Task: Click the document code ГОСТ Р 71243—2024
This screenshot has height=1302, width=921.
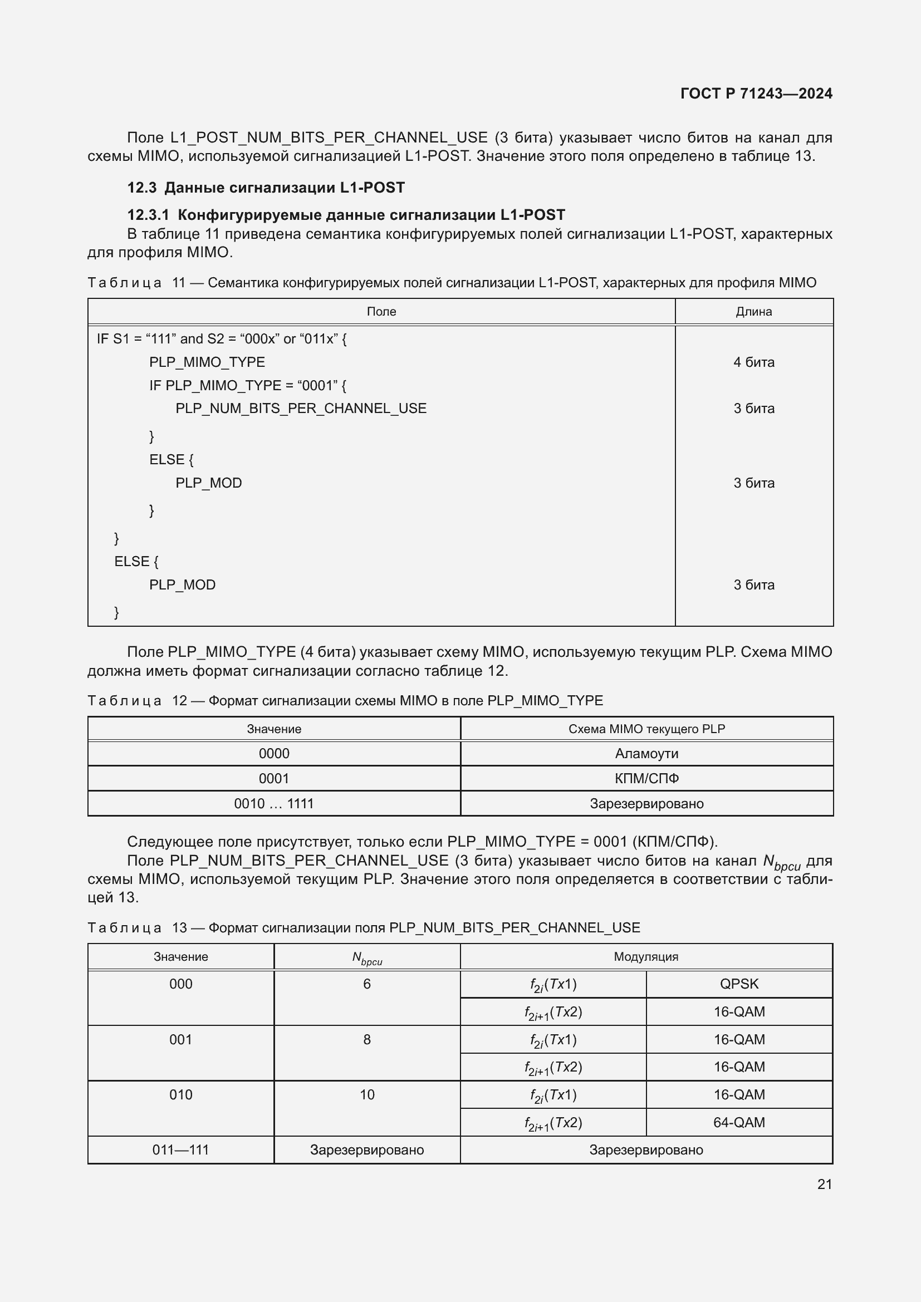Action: click(x=756, y=94)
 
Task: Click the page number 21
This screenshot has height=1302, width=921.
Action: click(x=825, y=1184)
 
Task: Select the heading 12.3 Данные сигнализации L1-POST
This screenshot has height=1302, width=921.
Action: click(x=266, y=188)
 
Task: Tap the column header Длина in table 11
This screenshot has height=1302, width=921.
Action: click(x=753, y=311)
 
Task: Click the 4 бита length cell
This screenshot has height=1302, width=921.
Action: click(x=753, y=362)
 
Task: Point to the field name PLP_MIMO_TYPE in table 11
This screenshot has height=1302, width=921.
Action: click(x=207, y=362)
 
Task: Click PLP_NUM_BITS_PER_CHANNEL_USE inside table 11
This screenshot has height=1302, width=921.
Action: click(x=301, y=408)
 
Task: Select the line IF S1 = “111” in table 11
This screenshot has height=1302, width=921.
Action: click(x=221, y=338)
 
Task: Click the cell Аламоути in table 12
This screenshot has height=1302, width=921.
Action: click(x=646, y=754)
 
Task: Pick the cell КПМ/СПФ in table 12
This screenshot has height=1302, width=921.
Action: click(x=646, y=779)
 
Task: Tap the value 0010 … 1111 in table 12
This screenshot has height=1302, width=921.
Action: click(x=273, y=804)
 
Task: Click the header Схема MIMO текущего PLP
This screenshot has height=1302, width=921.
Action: click(x=646, y=729)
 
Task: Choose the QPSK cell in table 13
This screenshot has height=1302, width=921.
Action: click(x=739, y=984)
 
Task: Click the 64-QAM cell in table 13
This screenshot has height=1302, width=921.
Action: click(x=739, y=1122)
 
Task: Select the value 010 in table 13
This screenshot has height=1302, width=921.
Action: click(x=180, y=1094)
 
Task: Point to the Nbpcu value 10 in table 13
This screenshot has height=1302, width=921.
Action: click(x=367, y=1094)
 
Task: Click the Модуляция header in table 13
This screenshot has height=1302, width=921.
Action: click(x=646, y=957)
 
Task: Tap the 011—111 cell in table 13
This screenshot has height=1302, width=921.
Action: click(x=180, y=1149)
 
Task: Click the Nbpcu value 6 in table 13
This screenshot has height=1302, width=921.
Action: click(x=367, y=984)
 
